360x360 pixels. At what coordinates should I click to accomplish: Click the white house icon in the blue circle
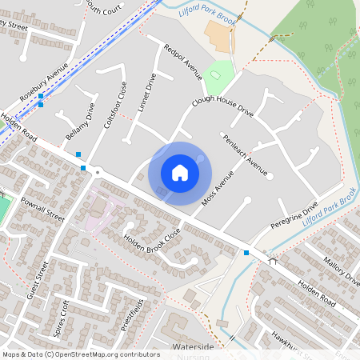point(180,172)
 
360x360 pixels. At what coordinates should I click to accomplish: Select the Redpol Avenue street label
point(183,62)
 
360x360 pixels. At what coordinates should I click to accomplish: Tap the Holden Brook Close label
point(153,238)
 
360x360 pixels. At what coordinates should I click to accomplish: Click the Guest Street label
point(38,280)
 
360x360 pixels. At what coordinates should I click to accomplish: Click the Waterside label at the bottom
point(193,347)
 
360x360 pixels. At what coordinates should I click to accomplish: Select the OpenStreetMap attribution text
point(81,354)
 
